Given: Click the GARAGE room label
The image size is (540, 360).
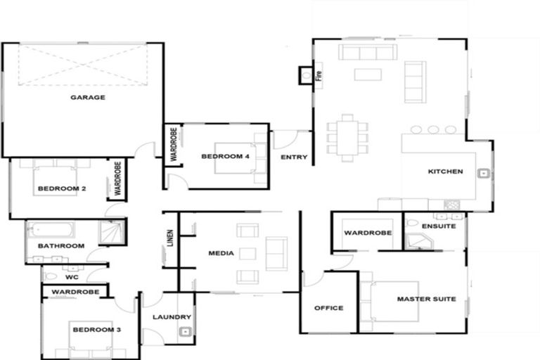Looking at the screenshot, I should pyautogui.click(x=88, y=97).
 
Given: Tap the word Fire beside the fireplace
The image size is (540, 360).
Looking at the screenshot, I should pyautogui.click(x=318, y=73).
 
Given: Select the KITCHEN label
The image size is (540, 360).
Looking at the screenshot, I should pyautogui.click(x=446, y=172).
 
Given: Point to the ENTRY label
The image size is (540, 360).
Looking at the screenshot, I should pyautogui.click(x=294, y=157).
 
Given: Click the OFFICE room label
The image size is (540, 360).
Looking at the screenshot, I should pyautogui.click(x=328, y=308).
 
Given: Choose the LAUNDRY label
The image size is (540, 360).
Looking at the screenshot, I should pyautogui.click(x=168, y=317).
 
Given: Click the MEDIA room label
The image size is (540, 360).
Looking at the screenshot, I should pyautogui.click(x=221, y=252).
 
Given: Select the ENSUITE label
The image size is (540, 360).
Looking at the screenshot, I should pyautogui.click(x=439, y=226).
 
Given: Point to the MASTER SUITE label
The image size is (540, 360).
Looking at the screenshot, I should pyautogui.click(x=426, y=299).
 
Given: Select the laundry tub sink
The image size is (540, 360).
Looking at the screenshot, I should pyautogui.click(x=184, y=333).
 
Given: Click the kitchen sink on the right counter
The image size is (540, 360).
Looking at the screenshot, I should pyautogui.click(x=484, y=173).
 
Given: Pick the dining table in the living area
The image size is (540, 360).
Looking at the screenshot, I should pyautogui.click(x=347, y=138).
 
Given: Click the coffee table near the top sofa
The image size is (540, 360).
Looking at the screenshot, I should pyautogui.click(x=367, y=74).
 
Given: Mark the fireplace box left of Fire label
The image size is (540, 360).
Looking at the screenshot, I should pyautogui.click(x=306, y=73).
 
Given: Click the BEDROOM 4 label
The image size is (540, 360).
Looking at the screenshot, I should pyautogui.click(x=225, y=156).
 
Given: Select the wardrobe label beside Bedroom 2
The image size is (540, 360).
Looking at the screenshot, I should pyautogui.click(x=117, y=179).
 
